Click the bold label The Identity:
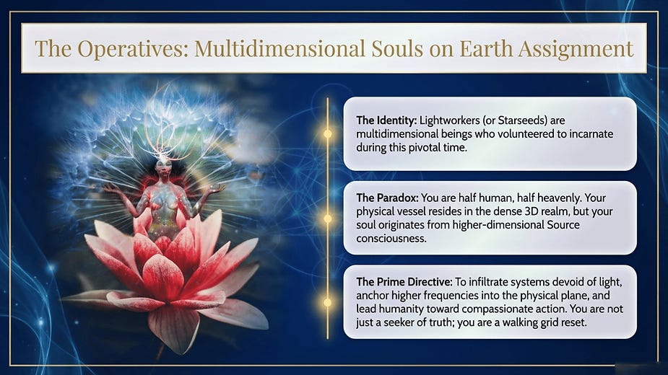click(x=386, y=120)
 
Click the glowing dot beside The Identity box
click(x=327, y=133)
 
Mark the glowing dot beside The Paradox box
click(x=327, y=218)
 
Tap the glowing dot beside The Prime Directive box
click(x=327, y=302)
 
